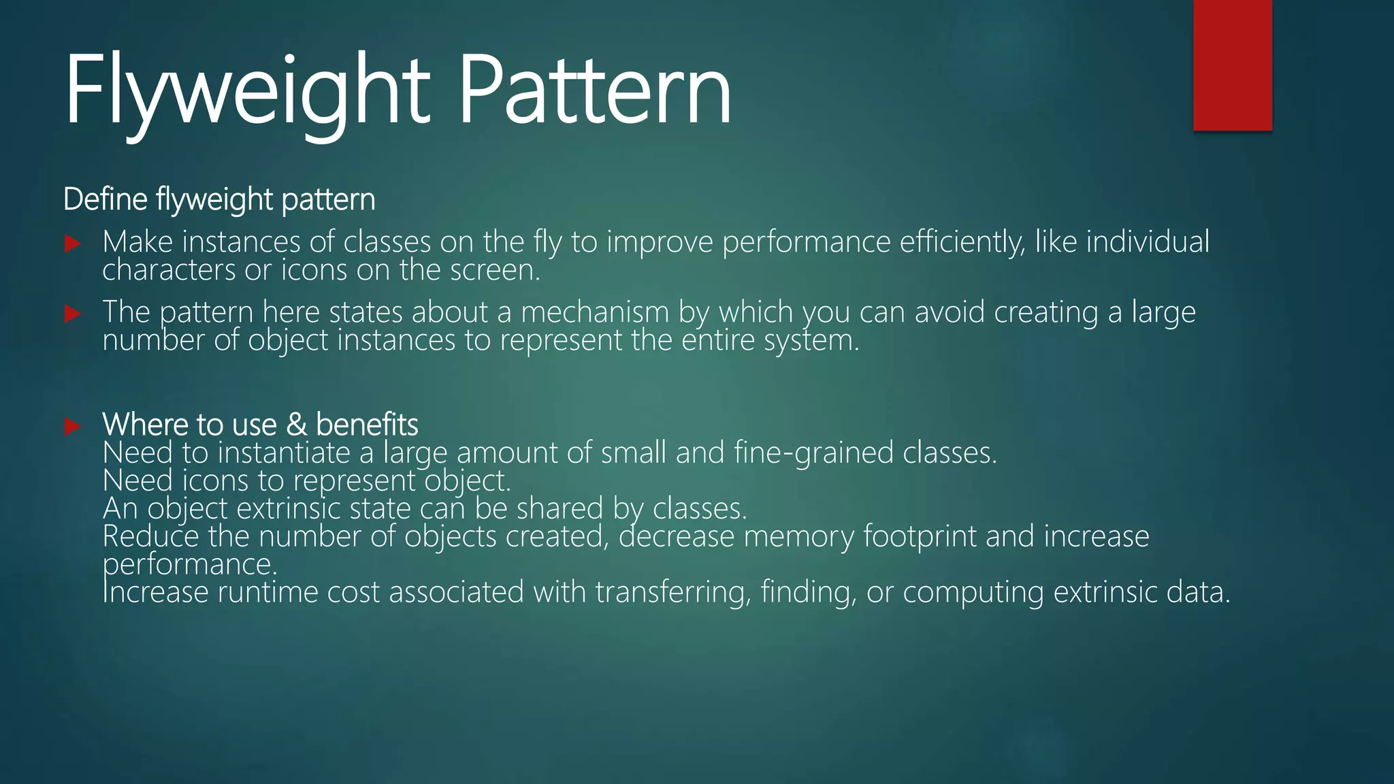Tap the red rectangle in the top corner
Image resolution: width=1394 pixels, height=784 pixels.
[x=1232, y=65]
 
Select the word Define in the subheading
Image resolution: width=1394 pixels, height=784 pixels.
[x=106, y=199]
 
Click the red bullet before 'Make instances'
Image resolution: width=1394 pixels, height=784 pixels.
[x=73, y=244]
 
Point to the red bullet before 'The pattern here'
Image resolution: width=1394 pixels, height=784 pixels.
[x=73, y=314]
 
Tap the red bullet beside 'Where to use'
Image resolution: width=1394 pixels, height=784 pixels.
[x=73, y=426]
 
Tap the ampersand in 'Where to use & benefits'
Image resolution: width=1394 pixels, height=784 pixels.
[x=296, y=425]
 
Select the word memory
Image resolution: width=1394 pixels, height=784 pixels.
[x=798, y=537]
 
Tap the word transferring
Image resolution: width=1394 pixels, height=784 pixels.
[x=673, y=592]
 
